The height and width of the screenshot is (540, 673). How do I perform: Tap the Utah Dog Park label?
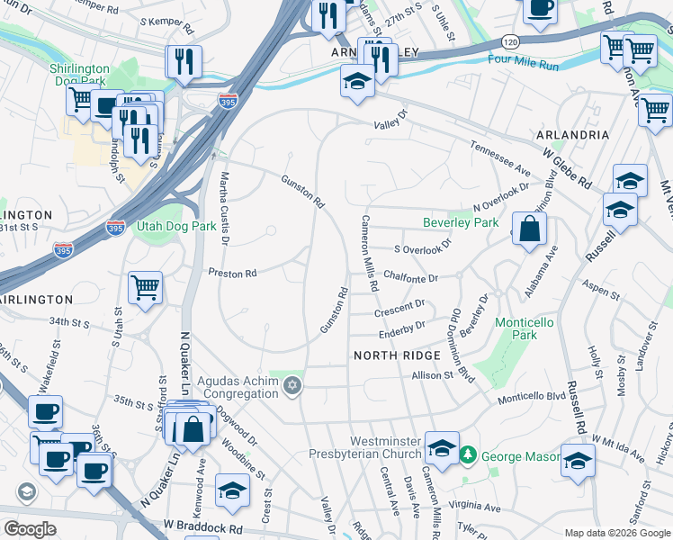(x=176, y=226)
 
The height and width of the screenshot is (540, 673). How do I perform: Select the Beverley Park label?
(x=461, y=222)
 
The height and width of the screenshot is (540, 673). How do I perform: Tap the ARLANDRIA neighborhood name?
(x=572, y=135)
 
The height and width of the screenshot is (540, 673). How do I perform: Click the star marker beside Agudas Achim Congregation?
(x=291, y=386)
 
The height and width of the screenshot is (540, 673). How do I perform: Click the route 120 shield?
(x=509, y=42)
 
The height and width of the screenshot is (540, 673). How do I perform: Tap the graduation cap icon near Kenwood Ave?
(x=233, y=490)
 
